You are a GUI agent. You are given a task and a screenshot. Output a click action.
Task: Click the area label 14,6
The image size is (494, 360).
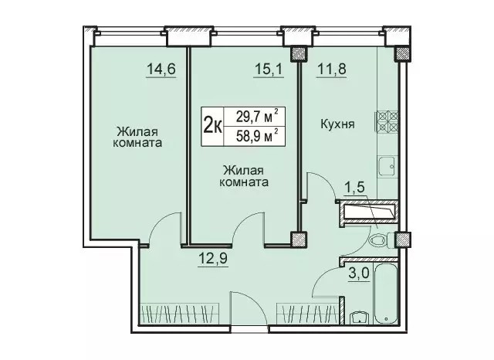tap(161, 69)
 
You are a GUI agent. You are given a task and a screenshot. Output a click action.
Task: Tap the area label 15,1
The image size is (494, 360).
tap(269, 69)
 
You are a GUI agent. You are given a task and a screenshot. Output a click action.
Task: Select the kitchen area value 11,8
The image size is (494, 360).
tap(332, 69)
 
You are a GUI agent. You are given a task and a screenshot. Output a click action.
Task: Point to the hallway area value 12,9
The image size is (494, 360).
tap(213, 259)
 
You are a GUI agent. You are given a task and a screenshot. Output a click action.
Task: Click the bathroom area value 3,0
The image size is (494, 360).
tap(358, 273)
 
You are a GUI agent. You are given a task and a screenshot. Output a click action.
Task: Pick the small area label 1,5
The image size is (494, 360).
tap(354, 187)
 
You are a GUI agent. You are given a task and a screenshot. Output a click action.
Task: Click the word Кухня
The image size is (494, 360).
tap(337, 124)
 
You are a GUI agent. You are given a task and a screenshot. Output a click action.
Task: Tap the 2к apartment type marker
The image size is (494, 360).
tap(213, 126)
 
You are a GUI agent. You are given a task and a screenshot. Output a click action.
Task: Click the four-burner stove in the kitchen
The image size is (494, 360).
tap(386, 122)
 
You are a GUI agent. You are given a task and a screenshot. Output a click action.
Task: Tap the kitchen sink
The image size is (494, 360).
tap(387, 166)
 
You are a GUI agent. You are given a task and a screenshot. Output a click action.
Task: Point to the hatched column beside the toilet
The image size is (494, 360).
tap(403, 239)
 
